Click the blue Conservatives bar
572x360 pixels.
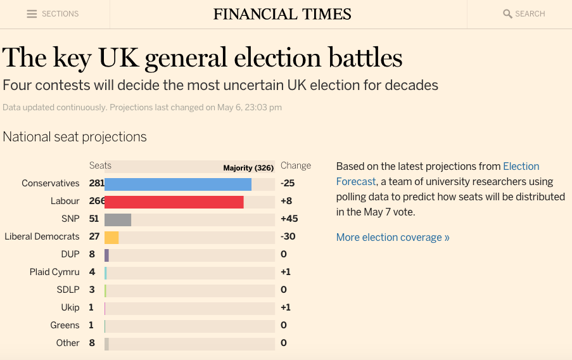click(178, 184)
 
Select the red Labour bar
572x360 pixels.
click(174, 202)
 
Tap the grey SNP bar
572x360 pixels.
click(118, 219)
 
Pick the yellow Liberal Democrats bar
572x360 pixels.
click(111, 237)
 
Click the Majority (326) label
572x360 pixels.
click(248, 168)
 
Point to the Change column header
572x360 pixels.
click(296, 165)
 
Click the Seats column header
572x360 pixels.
click(100, 165)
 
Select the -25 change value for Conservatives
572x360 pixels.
click(288, 183)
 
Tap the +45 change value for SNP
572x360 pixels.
click(289, 219)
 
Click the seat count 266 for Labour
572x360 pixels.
click(97, 201)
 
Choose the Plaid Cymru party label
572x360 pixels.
click(54, 272)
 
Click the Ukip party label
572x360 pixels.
click(70, 307)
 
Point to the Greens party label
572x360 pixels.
click(65, 325)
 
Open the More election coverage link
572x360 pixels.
click(393, 238)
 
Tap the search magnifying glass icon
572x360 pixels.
click(507, 14)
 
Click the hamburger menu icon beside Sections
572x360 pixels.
click(32, 14)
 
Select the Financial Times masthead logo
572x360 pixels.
click(283, 14)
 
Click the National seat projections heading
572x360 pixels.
click(75, 137)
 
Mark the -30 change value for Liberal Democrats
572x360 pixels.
click(288, 236)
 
